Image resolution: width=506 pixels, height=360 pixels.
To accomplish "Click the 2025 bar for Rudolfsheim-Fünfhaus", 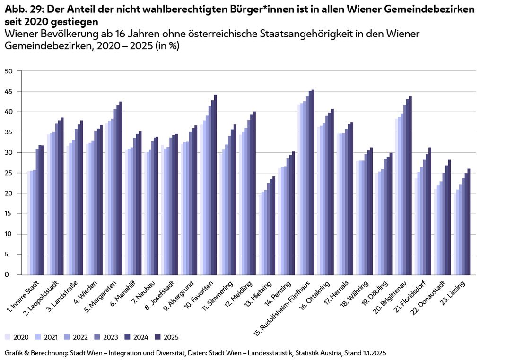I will click(x=313, y=182).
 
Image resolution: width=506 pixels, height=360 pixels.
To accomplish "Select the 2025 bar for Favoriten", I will click(x=215, y=184).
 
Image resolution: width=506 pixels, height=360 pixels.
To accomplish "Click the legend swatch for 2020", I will click(x=8, y=337).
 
